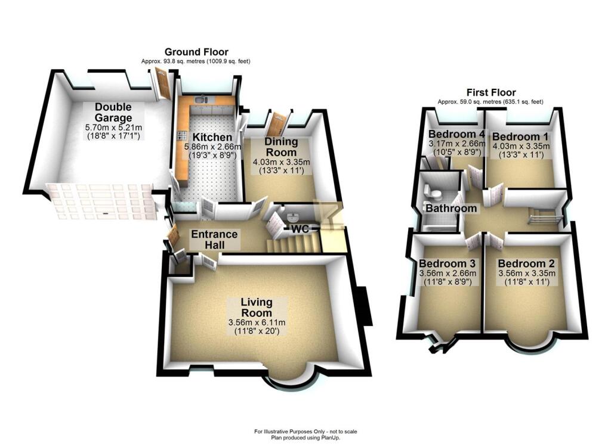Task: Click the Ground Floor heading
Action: coord(196,52)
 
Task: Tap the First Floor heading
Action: coord(490,93)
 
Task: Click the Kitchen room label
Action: coord(207,138)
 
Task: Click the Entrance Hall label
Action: coord(214,239)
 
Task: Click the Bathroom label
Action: coord(450,209)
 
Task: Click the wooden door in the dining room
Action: coord(276,125)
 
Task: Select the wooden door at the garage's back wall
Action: coord(161,83)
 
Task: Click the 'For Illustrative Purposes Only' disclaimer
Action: coord(305,431)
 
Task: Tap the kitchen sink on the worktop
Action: coord(201,100)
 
